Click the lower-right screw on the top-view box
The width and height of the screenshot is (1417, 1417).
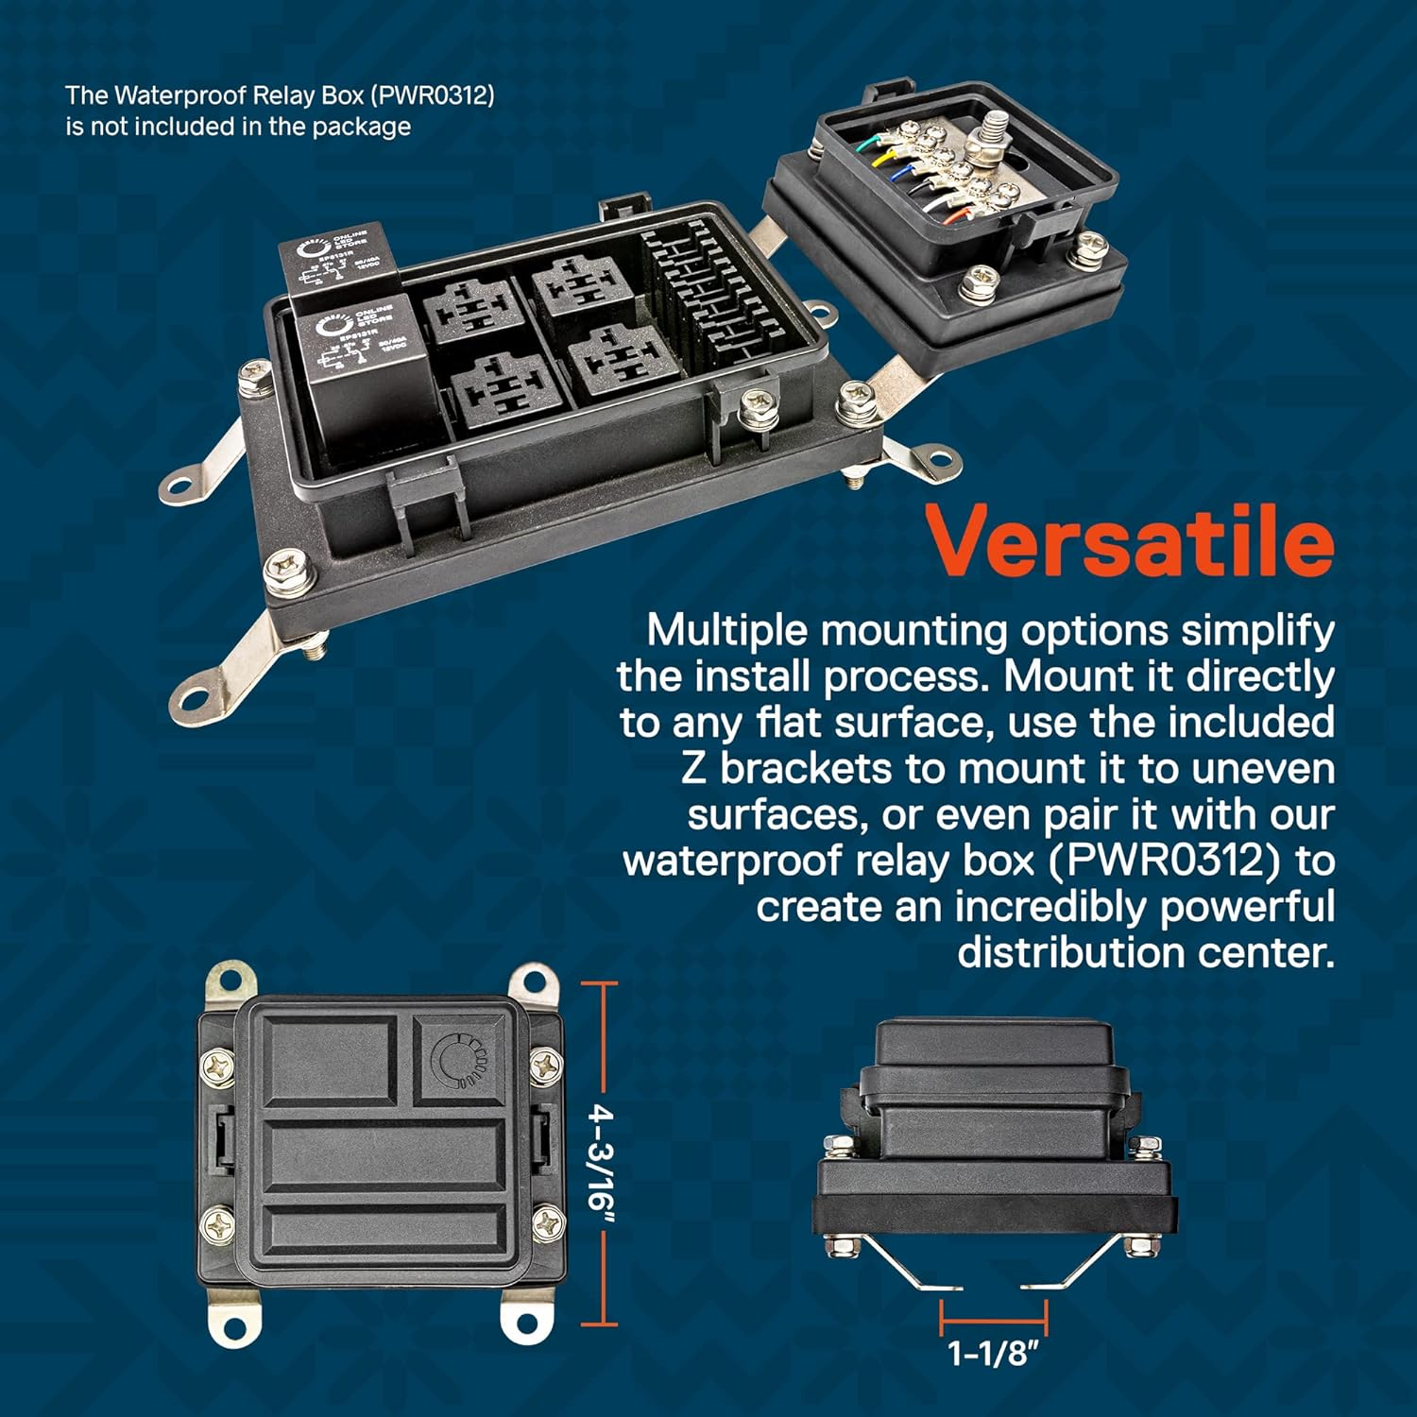tap(546, 1224)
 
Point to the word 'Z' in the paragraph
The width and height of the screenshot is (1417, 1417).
tap(693, 769)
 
